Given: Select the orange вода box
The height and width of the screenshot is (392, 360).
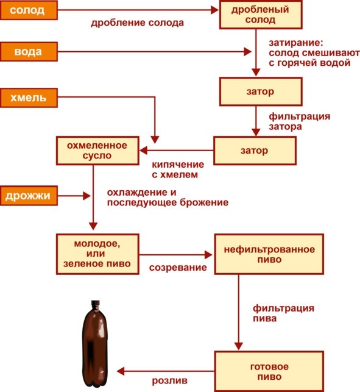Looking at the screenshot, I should tap(31, 51).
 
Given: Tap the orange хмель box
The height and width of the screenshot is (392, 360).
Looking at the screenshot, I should tap(31, 97).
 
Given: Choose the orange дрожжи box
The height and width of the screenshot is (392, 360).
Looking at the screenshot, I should tap(31, 196).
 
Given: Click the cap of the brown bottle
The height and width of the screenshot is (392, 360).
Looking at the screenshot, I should tap(95, 303).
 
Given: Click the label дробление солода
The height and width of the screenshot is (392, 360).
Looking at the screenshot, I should tap(137, 24).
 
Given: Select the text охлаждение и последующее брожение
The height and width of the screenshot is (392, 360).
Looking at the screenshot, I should tap(168, 197).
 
